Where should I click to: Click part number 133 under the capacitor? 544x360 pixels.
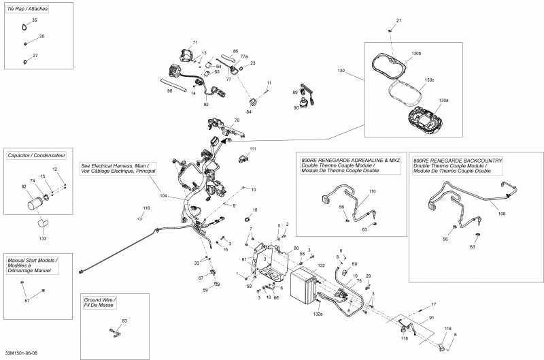point(43,239)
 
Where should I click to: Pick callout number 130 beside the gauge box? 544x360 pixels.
point(341,70)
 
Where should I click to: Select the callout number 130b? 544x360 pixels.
point(416,53)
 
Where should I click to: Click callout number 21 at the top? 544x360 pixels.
point(399,21)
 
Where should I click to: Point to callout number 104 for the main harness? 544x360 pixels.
point(163,195)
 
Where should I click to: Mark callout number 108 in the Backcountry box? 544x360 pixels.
point(502,214)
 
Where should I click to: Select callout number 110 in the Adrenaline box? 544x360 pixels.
point(372,192)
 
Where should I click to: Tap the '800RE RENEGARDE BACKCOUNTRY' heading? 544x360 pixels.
point(458,160)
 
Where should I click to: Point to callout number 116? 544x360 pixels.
point(146,208)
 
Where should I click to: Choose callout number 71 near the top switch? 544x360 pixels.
point(195,43)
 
